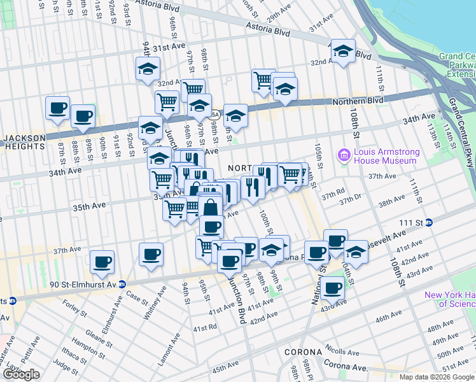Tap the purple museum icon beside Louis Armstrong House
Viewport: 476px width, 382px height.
(x=345, y=155)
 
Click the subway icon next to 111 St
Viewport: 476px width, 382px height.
(x=430, y=222)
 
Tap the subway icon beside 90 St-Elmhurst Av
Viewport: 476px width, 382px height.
(x=121, y=285)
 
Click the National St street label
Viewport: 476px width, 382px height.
(x=318, y=288)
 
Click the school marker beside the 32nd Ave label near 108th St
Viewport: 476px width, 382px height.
(x=343, y=52)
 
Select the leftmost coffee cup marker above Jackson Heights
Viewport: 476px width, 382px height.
(x=57, y=108)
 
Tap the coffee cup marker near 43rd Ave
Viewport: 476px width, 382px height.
(x=332, y=288)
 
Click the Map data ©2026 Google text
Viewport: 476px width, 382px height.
(x=437, y=377)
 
